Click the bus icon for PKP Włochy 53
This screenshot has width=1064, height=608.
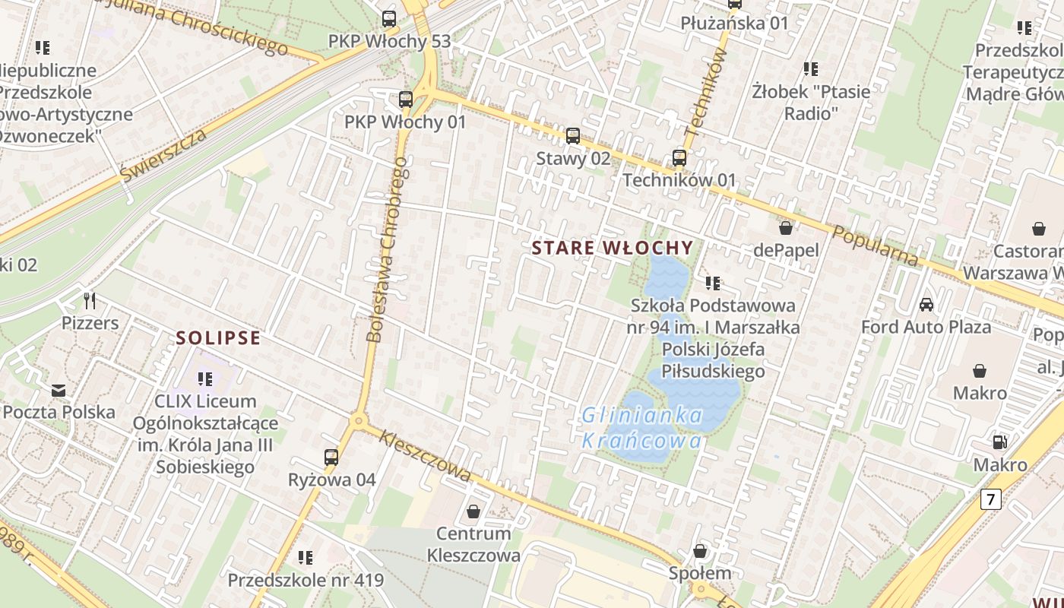[x=389, y=19]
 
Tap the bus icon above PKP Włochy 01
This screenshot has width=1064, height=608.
[x=406, y=100]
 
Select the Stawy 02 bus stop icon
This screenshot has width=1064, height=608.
[x=573, y=136]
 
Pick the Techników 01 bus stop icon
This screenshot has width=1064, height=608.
[x=679, y=158]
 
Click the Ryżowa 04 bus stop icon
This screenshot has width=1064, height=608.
[x=331, y=458]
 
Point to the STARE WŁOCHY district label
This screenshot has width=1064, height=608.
[x=613, y=248]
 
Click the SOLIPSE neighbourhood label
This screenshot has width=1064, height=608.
[x=219, y=338]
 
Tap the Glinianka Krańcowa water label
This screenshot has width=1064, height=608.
[x=642, y=428]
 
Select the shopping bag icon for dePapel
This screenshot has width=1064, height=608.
[x=786, y=228]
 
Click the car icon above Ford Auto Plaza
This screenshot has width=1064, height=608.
[x=926, y=305]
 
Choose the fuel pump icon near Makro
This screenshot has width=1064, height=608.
[x=1000, y=442]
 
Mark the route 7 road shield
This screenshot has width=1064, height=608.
[x=990, y=499]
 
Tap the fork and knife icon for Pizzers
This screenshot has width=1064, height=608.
[x=90, y=301]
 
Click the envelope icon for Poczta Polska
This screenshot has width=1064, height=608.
[x=59, y=391]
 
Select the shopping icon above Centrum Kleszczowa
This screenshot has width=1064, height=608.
[x=473, y=511]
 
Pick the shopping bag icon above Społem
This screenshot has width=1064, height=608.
[x=700, y=551]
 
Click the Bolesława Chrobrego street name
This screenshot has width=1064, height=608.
[x=388, y=255]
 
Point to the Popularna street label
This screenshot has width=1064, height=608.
[x=876, y=245]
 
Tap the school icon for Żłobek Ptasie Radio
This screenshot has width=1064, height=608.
[x=811, y=69]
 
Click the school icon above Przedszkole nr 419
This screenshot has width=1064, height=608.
[x=306, y=558]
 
